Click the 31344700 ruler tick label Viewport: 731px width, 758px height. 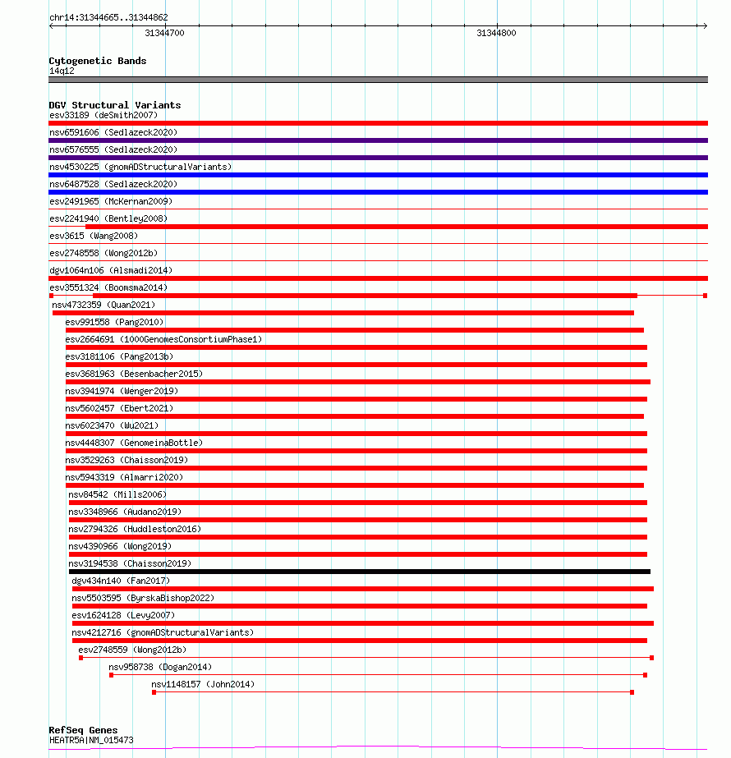[x=164, y=34]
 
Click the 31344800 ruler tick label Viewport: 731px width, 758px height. [x=496, y=34]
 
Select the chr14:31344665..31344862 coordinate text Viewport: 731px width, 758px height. [x=108, y=17]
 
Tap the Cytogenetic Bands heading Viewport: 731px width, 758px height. [x=98, y=61]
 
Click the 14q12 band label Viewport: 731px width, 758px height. [x=62, y=71]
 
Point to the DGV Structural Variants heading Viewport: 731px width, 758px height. [x=115, y=105]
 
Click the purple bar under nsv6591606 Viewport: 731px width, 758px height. [x=378, y=140]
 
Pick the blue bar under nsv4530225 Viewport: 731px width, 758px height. [x=378, y=175]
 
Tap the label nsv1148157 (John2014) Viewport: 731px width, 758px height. [x=203, y=684]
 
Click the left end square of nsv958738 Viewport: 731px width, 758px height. [x=112, y=675]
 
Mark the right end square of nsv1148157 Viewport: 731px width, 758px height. [x=632, y=692]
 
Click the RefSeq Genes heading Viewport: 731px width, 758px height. [x=83, y=730]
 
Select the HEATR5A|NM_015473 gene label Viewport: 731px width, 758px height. [x=91, y=740]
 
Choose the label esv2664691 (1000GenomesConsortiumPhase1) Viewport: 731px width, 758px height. [x=163, y=339]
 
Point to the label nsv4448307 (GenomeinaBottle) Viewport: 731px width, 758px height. [x=134, y=443]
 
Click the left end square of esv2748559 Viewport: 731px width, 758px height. [x=80, y=658]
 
